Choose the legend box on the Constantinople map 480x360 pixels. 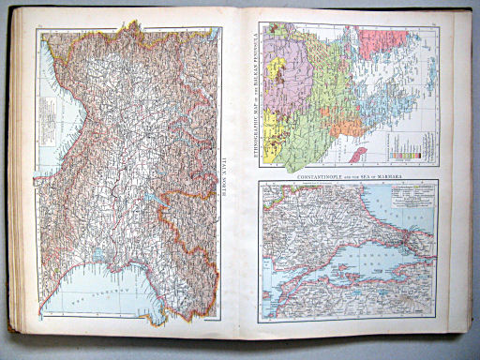click(x=409, y=202)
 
